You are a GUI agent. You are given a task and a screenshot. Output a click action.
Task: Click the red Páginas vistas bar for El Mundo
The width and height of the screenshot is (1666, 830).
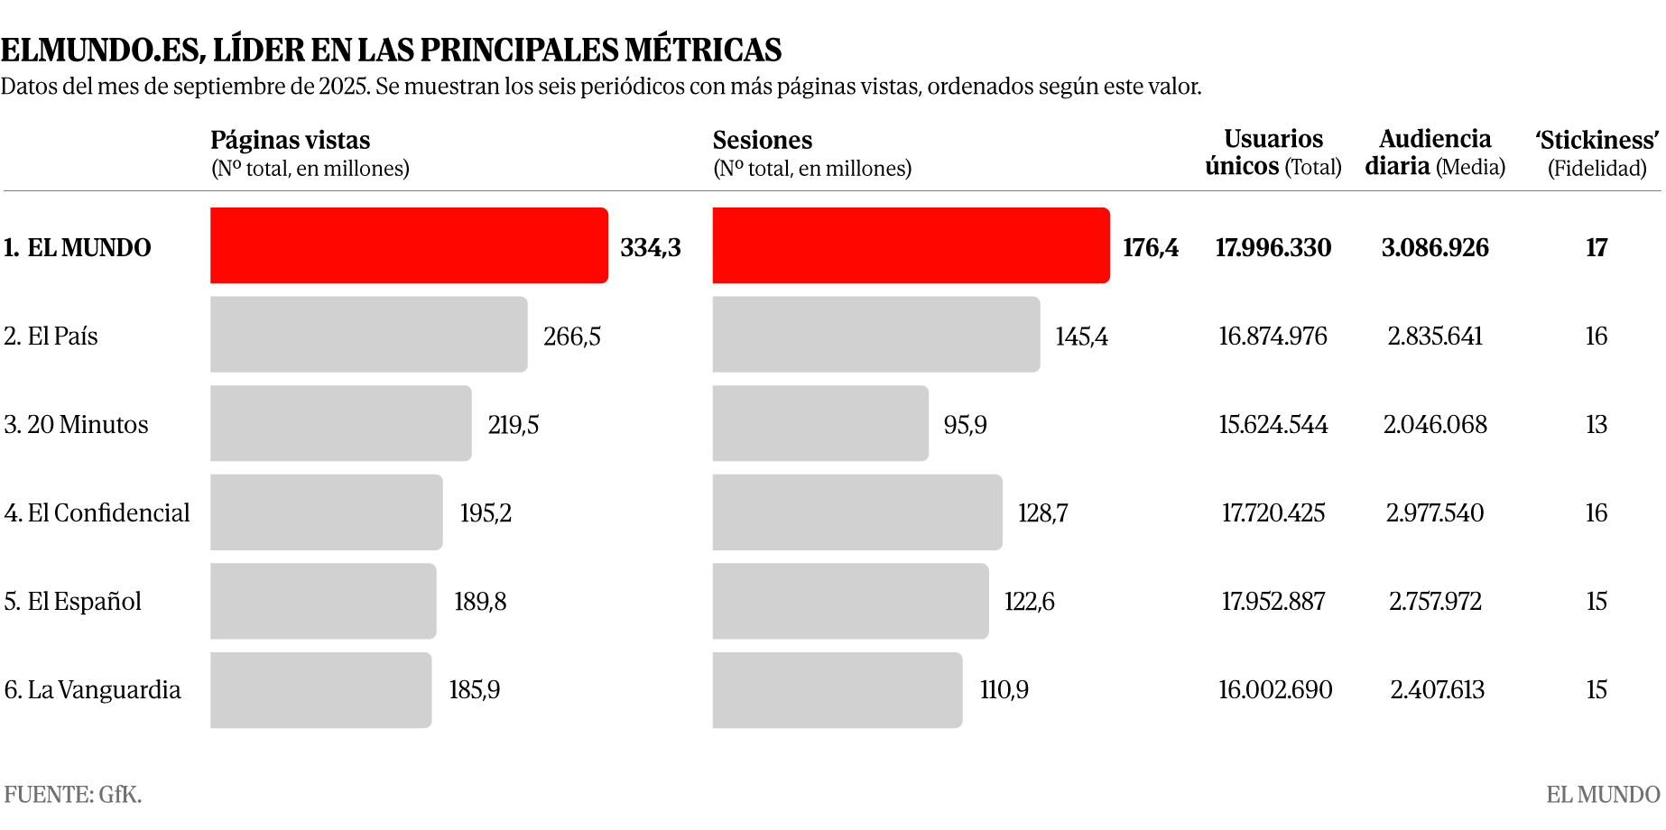click(409, 245)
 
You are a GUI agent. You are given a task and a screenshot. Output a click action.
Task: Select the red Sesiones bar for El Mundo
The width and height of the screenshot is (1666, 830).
click(911, 245)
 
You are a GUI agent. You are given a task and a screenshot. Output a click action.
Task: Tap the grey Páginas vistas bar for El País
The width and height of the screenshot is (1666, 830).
click(368, 335)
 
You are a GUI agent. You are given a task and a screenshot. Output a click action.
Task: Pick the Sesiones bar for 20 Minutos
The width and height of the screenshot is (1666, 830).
click(820, 423)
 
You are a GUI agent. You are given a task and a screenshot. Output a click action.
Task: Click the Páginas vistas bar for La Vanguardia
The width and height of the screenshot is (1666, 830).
click(320, 690)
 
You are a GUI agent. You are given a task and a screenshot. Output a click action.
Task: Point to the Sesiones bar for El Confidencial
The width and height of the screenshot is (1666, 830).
click(857, 512)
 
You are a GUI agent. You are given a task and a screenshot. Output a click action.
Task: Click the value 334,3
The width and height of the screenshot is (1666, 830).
click(650, 247)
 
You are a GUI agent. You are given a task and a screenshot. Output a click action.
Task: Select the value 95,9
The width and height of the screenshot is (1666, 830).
click(965, 425)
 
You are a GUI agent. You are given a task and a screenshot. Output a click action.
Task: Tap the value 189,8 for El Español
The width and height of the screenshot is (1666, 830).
click(480, 602)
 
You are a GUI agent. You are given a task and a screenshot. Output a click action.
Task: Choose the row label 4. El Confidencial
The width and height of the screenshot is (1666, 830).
click(97, 513)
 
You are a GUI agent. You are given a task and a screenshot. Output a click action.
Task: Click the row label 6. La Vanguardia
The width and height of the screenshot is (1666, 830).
click(92, 690)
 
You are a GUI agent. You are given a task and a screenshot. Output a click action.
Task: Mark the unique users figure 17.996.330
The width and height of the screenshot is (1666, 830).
click(1273, 247)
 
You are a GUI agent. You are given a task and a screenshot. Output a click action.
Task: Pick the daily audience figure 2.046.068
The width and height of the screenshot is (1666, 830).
click(1435, 425)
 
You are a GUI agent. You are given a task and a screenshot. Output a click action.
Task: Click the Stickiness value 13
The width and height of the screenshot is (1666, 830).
click(1597, 425)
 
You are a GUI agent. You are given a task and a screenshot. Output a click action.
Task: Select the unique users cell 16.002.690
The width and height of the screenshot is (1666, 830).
click(1274, 690)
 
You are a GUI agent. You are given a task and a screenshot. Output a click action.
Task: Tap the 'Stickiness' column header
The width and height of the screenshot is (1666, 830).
click(1597, 152)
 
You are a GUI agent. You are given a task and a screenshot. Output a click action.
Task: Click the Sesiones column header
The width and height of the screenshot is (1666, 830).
click(763, 141)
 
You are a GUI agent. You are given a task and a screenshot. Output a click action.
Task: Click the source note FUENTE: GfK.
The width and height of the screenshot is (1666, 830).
click(73, 795)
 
